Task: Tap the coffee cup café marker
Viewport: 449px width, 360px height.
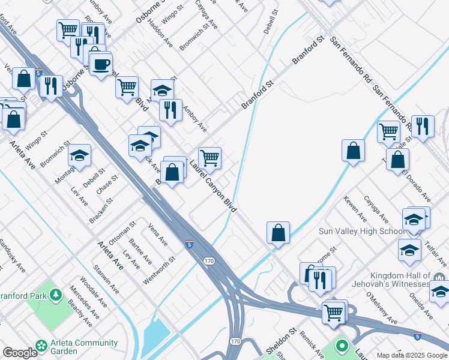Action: click(x=101, y=62)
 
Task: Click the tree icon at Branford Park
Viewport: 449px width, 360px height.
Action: click(x=56, y=295)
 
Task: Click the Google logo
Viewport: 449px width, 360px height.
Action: click(x=20, y=353)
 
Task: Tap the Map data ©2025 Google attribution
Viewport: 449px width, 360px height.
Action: click(x=412, y=355)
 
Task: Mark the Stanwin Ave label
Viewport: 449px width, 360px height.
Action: click(x=106, y=279)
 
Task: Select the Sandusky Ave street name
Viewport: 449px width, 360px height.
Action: click(x=10, y=256)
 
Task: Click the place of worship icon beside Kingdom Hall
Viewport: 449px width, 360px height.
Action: click(x=440, y=277)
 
